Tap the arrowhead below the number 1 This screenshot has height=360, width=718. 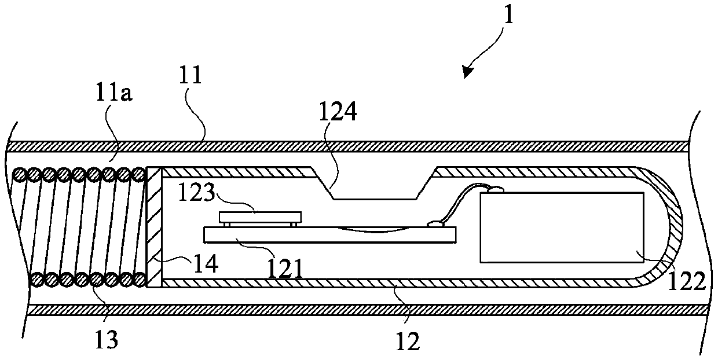[x=467, y=71]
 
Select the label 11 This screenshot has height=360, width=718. [x=192, y=76]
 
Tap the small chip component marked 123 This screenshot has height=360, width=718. [x=260, y=217]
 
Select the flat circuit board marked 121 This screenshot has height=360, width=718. [x=330, y=234]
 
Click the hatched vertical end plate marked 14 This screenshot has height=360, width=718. [x=154, y=227]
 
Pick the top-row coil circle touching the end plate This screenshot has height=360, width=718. [x=139, y=174]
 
